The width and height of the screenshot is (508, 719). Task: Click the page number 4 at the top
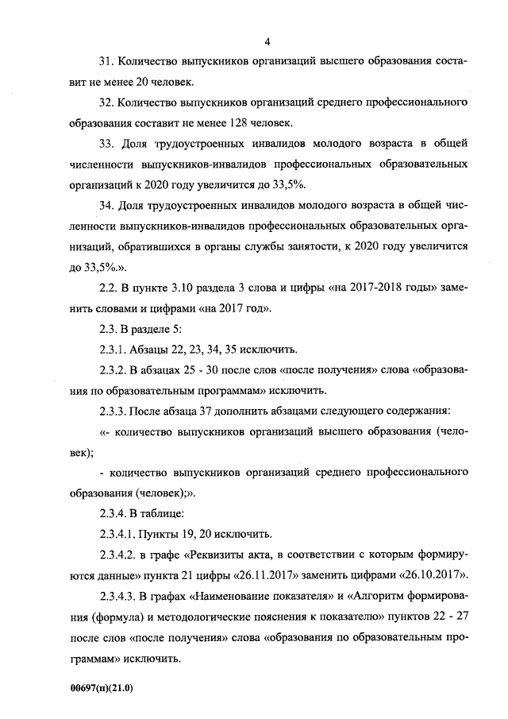(267, 41)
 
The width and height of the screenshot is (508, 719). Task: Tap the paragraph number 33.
(106, 144)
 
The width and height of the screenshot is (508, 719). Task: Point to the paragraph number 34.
(106, 206)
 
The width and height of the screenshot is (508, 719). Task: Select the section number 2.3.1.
(114, 350)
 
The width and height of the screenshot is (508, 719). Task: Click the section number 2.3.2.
(114, 371)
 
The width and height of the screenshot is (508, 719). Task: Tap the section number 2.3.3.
(114, 412)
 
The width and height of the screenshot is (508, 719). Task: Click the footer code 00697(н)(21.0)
(101, 688)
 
